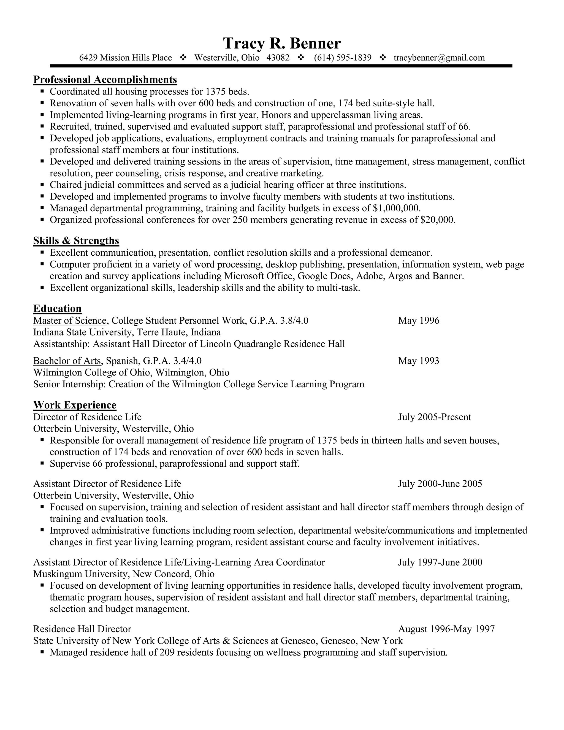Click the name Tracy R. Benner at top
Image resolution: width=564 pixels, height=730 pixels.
point(282,44)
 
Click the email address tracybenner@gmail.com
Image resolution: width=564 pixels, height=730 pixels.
point(439,58)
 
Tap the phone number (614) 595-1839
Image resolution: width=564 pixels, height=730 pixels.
point(343,58)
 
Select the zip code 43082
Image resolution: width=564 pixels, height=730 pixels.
point(278,58)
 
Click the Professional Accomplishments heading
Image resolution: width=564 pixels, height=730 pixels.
point(105,80)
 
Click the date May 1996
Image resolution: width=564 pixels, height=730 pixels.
point(418,321)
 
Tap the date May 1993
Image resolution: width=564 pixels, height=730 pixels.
point(418,361)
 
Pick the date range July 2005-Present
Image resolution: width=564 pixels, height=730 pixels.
point(434,417)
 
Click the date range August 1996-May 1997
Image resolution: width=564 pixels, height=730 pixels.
point(446,629)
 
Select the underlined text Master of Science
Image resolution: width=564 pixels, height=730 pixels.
point(69,321)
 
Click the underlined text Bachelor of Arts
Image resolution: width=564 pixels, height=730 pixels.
point(67,361)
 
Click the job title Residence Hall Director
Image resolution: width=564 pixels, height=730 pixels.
point(82,629)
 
